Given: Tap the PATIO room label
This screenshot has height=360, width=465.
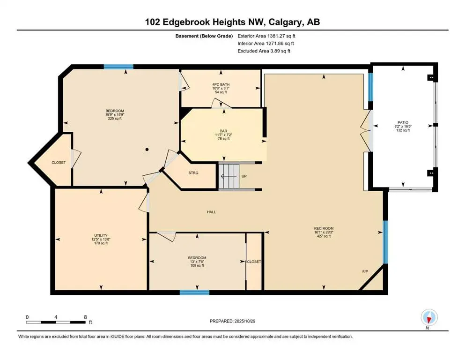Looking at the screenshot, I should click(402, 122).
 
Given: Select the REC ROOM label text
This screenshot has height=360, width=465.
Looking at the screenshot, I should click(323, 228).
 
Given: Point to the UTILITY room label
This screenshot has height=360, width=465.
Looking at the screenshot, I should click(100, 235).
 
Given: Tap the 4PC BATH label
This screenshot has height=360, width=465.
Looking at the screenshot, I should click(221, 84).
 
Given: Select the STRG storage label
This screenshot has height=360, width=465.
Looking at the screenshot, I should click(193, 173).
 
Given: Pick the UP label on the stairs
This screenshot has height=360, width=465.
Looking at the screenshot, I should click(244, 176).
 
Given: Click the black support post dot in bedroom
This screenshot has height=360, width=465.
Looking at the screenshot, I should click(147, 150).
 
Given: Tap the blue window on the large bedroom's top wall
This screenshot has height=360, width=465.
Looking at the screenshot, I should click(118, 67).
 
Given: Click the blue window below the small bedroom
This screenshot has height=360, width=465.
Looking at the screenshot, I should click(194, 292).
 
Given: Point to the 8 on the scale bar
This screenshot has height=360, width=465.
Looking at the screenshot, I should click(85, 317).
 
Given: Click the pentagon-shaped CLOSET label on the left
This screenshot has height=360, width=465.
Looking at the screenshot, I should click(59, 163).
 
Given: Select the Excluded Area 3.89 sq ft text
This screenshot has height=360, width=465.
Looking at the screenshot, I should click(264, 51).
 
